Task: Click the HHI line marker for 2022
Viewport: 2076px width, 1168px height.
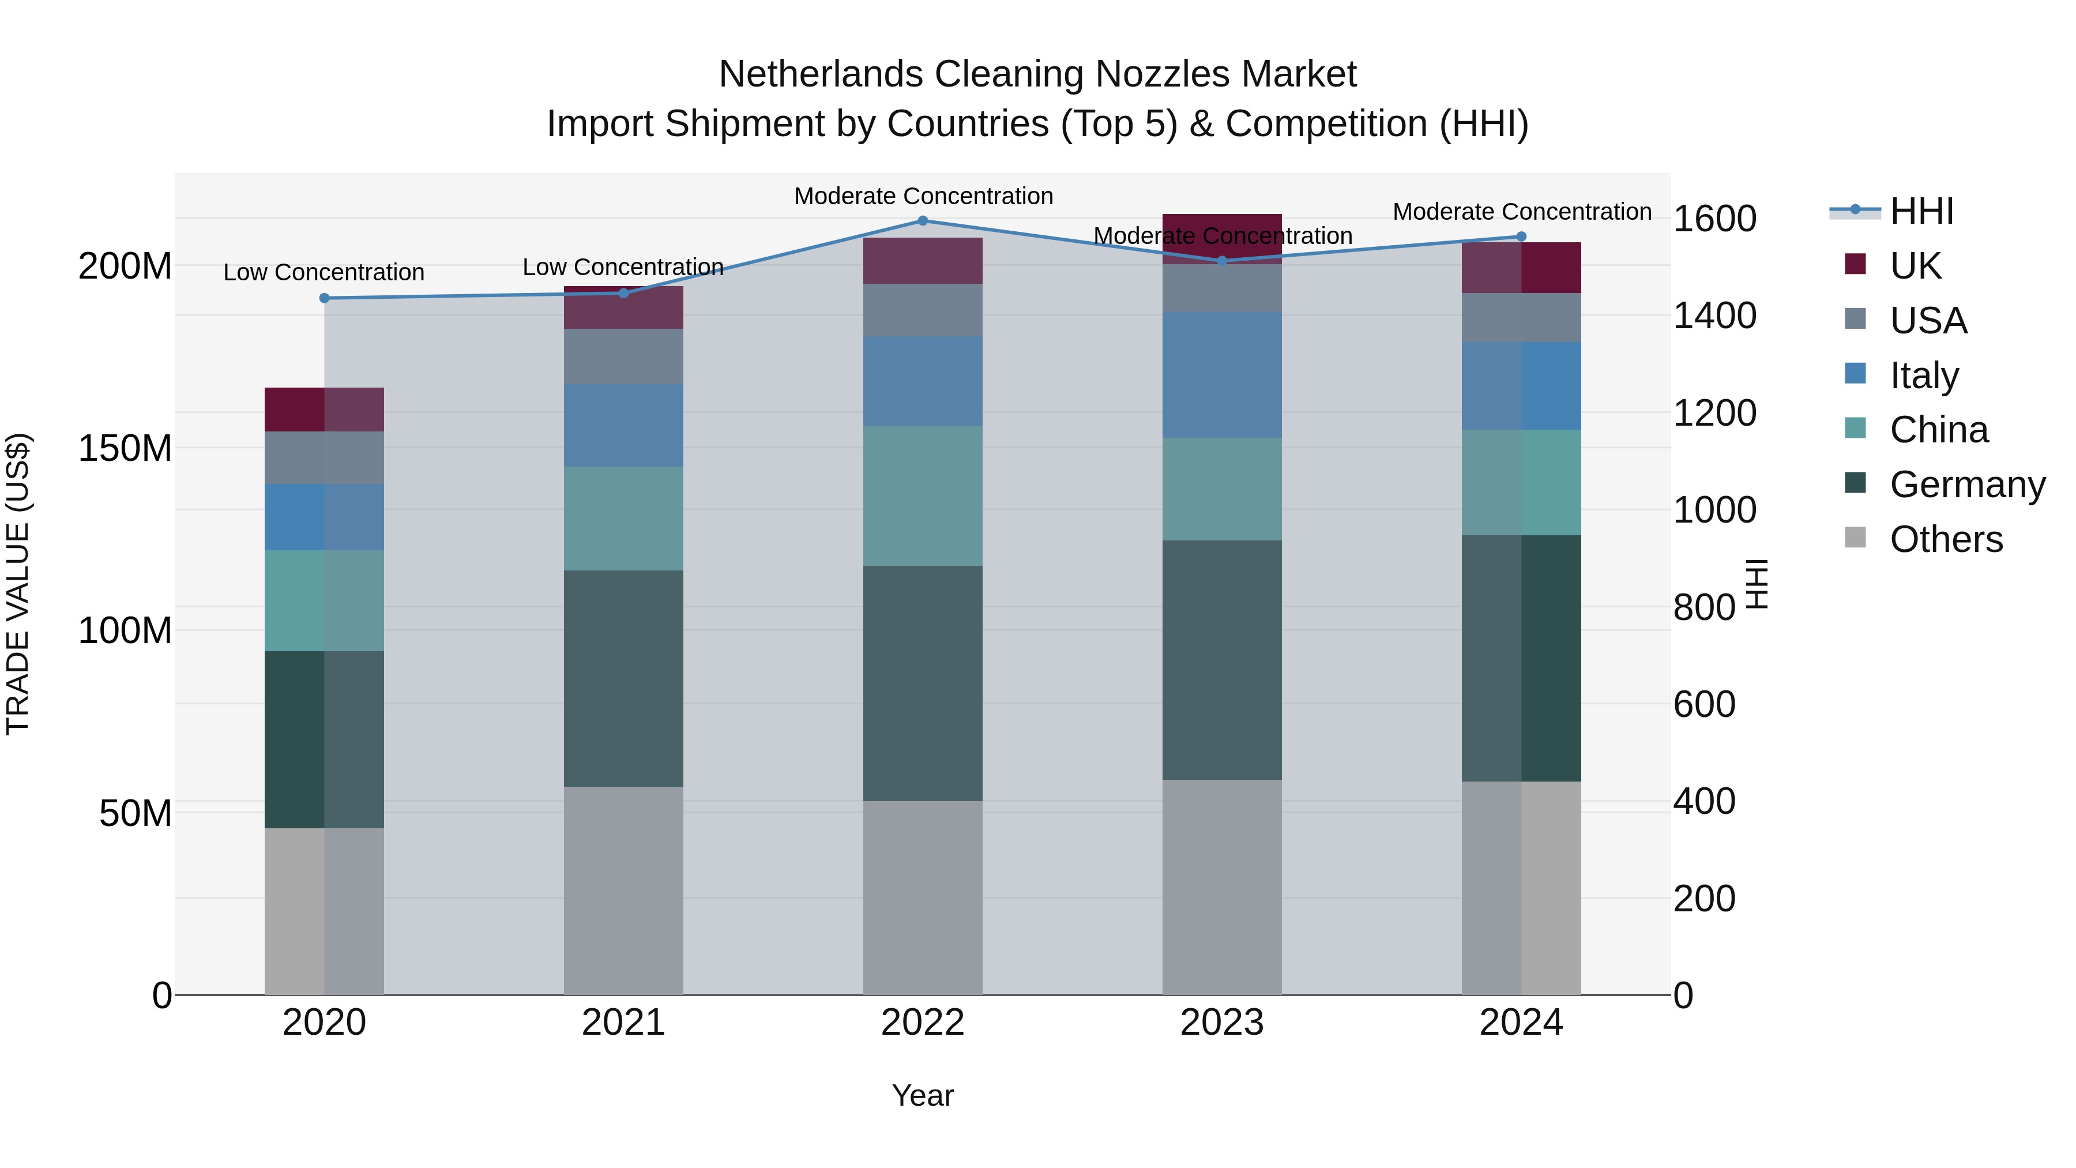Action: point(923,221)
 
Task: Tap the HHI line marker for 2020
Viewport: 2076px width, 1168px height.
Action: point(324,298)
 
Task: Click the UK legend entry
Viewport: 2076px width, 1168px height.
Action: point(1915,265)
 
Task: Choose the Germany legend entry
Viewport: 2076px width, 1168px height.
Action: point(1966,485)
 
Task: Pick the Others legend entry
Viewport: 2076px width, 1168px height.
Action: point(1946,539)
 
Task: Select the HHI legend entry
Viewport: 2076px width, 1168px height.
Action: point(1921,211)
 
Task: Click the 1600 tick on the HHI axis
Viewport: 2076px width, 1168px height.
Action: point(1714,219)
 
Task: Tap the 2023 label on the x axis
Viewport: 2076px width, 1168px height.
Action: point(1222,1023)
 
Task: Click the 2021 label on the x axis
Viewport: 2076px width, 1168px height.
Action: point(623,1023)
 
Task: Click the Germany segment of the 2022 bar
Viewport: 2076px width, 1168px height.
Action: point(923,683)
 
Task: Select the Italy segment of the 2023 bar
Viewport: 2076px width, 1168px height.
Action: point(1222,375)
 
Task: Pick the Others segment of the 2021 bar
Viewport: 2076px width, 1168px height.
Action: point(623,890)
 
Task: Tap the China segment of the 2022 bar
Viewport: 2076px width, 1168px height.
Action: point(923,495)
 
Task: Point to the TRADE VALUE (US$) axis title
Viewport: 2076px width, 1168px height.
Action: point(18,584)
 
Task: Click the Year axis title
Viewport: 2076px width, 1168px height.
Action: point(922,1095)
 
